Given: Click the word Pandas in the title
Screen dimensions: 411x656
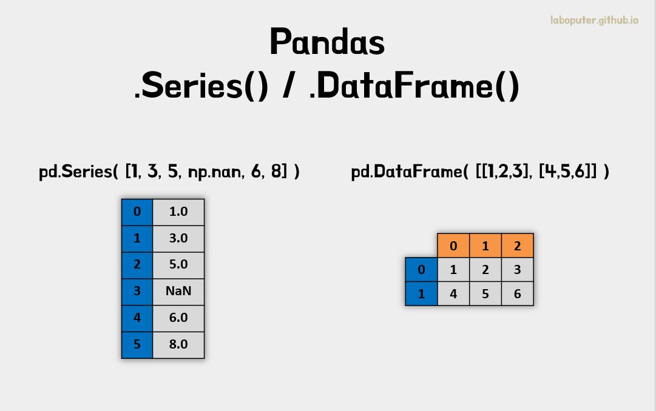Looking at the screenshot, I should point(327,42).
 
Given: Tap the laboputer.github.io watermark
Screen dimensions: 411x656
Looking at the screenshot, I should point(594,21).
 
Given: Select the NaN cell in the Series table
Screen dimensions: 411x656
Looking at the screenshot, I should point(178,291).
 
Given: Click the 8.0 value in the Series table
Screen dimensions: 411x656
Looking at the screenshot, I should point(178,344).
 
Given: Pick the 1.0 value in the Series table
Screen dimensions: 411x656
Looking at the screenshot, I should point(178,212).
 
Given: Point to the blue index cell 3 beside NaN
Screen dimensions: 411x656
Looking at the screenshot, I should point(137,291).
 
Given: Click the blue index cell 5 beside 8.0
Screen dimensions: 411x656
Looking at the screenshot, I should point(137,344).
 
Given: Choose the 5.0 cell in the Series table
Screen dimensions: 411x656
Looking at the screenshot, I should point(178,264).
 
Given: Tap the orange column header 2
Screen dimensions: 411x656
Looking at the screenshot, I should point(517,246).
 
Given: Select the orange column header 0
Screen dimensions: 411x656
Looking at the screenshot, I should point(453,246).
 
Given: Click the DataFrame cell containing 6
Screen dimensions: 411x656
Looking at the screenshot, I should point(517,294).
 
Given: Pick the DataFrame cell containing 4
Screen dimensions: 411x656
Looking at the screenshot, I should point(453,294).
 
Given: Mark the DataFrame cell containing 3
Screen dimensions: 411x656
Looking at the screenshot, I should point(517,270).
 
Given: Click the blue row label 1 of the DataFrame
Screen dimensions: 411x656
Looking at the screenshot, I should point(421,294).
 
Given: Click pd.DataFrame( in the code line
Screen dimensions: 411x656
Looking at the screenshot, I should point(410,172).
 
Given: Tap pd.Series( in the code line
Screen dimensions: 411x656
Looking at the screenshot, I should point(79,172).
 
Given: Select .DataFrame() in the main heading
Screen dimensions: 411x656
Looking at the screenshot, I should point(414,87).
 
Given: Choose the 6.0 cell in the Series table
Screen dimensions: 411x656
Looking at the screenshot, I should point(178,318).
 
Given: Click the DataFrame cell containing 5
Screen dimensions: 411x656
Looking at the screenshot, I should point(485,294).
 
